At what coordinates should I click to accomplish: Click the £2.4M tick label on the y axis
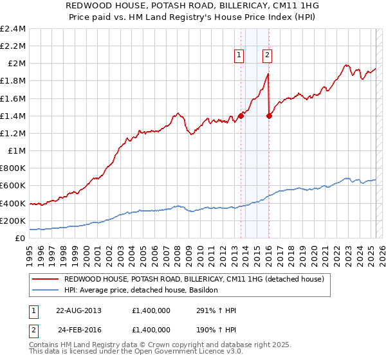pos(13,29)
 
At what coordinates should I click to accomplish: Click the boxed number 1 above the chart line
pos(239,55)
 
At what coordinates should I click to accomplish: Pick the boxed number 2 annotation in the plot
pos(266,55)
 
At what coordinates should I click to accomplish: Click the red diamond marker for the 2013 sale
pos(241,116)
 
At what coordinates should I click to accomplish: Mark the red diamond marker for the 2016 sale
pos(269,116)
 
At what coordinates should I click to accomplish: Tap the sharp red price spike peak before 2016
pos(268,74)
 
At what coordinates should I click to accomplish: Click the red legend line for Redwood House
pos(46,279)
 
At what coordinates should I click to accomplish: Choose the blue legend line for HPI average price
pos(46,290)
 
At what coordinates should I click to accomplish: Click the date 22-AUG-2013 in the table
pos(78,310)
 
